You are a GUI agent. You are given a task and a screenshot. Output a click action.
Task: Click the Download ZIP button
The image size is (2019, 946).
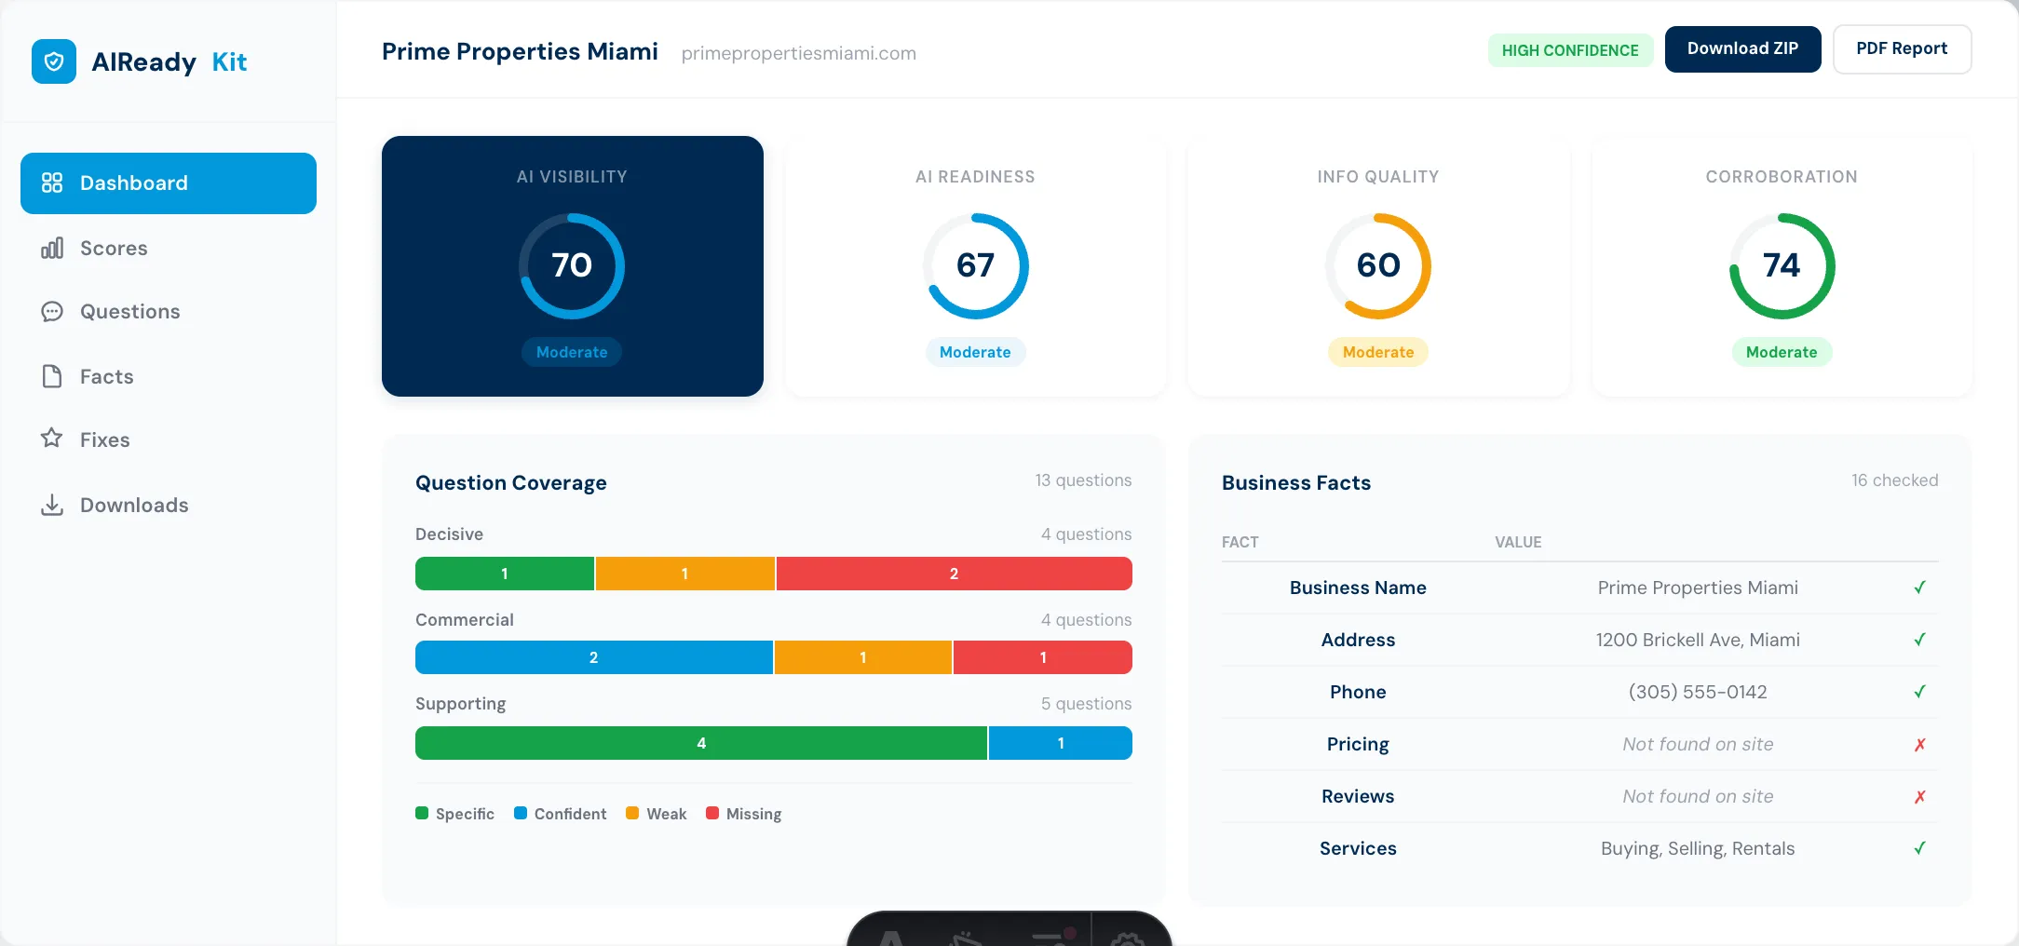pyautogui.click(x=1741, y=49)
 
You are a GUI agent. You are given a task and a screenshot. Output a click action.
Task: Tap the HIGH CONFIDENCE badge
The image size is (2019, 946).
pyautogui.click(x=1569, y=50)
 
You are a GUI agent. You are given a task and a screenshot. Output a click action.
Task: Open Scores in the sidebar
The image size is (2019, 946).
pyautogui.click(x=114, y=249)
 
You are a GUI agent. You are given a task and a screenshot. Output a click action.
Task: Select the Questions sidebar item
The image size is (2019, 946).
pyautogui.click(x=129, y=312)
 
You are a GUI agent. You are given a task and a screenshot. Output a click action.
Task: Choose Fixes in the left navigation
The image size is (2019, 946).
pyautogui.click(x=104, y=439)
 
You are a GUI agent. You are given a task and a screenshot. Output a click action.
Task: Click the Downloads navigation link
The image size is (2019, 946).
pyautogui.click(x=133, y=506)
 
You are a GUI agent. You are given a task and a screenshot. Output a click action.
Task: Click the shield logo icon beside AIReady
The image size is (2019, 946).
pyautogui.click(x=54, y=61)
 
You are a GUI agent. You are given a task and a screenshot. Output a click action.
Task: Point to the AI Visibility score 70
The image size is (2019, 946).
pyautogui.click(x=572, y=265)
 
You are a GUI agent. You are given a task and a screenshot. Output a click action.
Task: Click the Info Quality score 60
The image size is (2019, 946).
pyautogui.click(x=1378, y=265)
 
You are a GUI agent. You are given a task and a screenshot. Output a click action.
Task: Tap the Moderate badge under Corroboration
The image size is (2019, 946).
pyautogui.click(x=1781, y=352)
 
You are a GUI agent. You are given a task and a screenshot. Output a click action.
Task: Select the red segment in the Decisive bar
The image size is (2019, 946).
pyautogui.click(x=954, y=574)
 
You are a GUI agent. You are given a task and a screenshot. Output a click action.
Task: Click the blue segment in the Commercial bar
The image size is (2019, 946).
pyautogui.click(x=593, y=657)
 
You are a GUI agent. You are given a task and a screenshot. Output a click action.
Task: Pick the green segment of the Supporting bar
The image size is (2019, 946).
pyautogui.click(x=700, y=743)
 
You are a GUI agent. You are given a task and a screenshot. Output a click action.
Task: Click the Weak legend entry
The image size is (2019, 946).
pyautogui.click(x=657, y=814)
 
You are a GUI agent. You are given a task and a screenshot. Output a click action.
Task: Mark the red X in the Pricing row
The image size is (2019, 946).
pyautogui.click(x=1919, y=745)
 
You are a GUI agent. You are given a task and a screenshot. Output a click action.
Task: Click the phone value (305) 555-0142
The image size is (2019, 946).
pyautogui.click(x=1697, y=692)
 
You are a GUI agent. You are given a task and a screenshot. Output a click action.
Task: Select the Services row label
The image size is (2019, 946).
pyautogui.click(x=1358, y=848)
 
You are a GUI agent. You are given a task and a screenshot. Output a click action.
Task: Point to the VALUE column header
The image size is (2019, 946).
pyautogui.click(x=1518, y=542)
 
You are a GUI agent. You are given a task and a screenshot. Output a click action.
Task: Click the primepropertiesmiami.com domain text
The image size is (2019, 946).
pyautogui.click(x=798, y=54)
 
